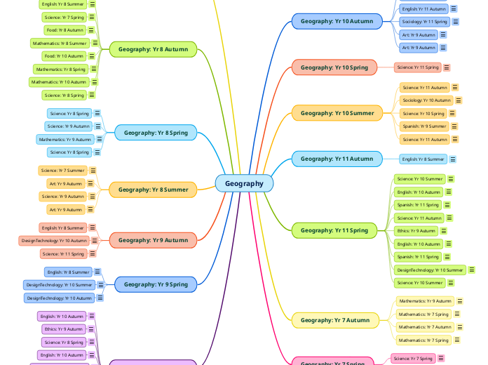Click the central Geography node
[244, 183]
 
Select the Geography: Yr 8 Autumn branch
[153, 49]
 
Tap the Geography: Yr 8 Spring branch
[156, 132]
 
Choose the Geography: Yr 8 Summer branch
[153, 190]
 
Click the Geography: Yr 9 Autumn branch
[153, 240]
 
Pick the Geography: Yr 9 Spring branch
[156, 284]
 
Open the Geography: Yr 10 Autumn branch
[337, 21]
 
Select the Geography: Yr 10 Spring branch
[334, 67]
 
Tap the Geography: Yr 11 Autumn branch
[337, 159]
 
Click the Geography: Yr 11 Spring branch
[334, 230]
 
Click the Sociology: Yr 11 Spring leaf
[424, 22]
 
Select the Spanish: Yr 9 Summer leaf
[424, 126]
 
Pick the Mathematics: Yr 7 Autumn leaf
[425, 327]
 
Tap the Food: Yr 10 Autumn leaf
[64, 56]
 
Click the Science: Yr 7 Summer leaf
[63, 171]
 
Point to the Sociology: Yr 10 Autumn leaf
[427, 100]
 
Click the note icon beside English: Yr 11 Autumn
[454, 9]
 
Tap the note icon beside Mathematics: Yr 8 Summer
[95, 44]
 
